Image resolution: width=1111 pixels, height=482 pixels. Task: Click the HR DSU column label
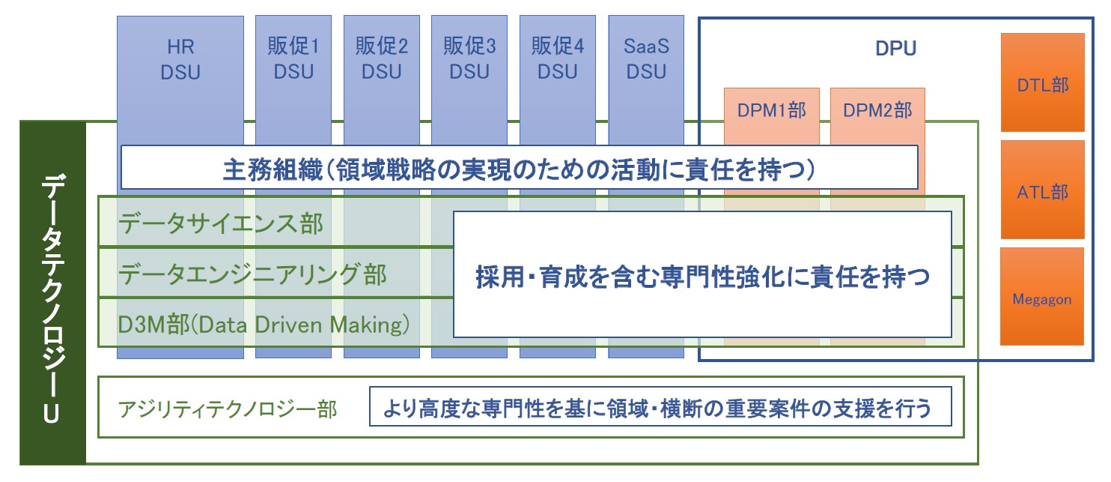180,60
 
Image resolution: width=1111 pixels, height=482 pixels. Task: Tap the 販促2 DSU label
382,60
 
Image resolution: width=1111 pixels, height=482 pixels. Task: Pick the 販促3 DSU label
469,60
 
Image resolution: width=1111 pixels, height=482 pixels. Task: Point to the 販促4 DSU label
558,60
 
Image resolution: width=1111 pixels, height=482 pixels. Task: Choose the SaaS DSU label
646,60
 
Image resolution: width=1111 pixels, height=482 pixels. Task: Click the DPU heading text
896,49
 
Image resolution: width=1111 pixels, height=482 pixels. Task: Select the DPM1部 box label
771,111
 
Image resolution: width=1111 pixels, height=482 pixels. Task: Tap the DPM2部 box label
877,111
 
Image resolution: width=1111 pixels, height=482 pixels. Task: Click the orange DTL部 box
1042,85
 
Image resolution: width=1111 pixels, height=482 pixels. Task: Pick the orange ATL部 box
1042,192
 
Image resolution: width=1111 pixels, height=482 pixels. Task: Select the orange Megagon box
1042,299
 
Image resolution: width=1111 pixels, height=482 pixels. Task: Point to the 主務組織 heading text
519,168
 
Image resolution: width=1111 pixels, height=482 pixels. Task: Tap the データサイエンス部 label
221,223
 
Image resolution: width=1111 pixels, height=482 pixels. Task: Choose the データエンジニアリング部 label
252,274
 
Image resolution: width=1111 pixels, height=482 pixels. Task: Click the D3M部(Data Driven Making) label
264,325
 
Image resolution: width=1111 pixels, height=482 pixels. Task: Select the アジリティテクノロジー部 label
228,409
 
